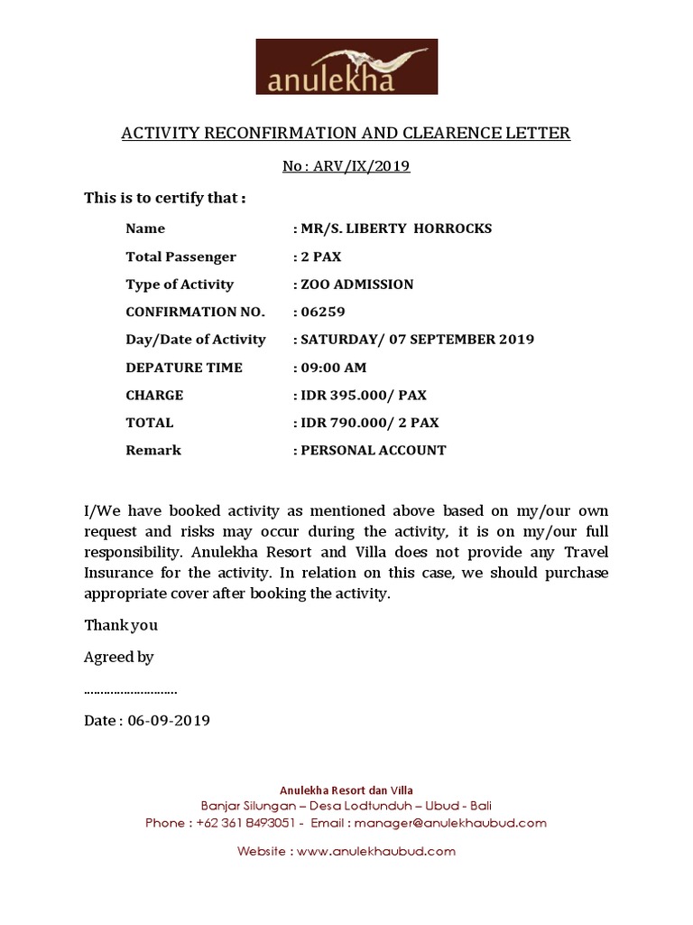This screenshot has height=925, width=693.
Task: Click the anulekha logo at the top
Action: (346, 67)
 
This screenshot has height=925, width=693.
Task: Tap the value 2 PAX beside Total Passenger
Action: (321, 257)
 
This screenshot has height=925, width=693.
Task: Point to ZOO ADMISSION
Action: (357, 285)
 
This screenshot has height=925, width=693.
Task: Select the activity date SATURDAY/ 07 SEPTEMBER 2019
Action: (418, 340)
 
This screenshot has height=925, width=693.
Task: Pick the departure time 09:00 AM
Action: (334, 368)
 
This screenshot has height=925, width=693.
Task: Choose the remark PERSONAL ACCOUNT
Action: (374, 450)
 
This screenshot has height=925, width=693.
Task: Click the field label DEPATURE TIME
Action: (184, 368)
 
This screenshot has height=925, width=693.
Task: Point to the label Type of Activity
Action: (180, 285)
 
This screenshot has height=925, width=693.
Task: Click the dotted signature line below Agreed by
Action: (131, 691)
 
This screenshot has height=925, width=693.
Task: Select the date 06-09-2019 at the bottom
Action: (169, 721)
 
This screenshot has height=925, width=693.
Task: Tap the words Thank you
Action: (121, 625)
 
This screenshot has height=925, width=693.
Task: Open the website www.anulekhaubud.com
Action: (375, 851)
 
